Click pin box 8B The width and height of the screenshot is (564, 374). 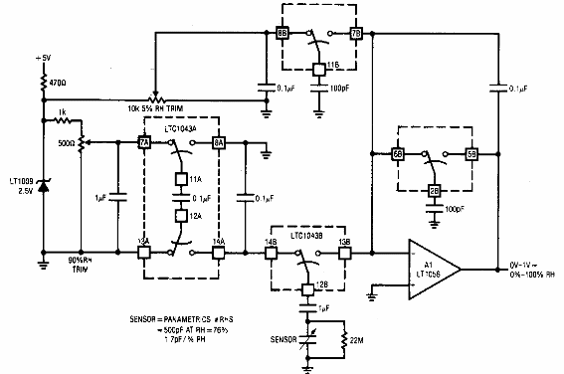coord(282,35)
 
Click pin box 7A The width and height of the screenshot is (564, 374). coord(143,143)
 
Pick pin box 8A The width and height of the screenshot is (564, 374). coord(220,143)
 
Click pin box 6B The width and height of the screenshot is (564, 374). coord(398,155)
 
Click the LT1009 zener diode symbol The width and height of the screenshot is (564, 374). coord(42,186)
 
